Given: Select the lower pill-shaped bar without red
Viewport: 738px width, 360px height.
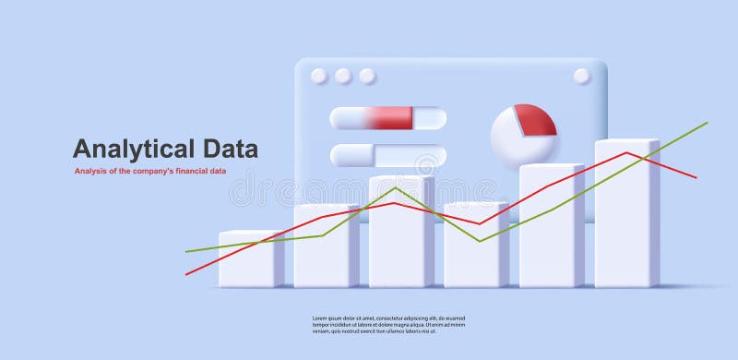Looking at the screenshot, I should pyautogui.click(x=387, y=156).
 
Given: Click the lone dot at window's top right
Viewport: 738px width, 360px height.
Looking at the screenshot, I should pyautogui.click(x=581, y=76).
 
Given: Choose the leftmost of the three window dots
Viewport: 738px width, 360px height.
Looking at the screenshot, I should pyautogui.click(x=319, y=76).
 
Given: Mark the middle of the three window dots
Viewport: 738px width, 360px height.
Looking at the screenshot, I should pyautogui.click(x=343, y=76).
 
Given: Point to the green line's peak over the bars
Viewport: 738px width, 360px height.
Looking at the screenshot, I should pyautogui.click(x=395, y=188).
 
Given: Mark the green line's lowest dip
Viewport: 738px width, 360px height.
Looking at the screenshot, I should pyautogui.click(x=479, y=241).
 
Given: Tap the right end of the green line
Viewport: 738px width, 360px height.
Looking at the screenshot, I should pyautogui.click(x=707, y=123).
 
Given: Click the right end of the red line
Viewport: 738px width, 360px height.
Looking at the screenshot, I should pyautogui.click(x=696, y=177).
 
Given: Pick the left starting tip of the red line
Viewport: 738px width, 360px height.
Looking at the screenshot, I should pyautogui.click(x=186, y=274).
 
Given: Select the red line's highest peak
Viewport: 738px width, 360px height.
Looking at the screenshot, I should pyautogui.click(x=627, y=153).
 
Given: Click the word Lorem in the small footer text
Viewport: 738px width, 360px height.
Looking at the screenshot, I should pyautogui.click(x=323, y=318).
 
